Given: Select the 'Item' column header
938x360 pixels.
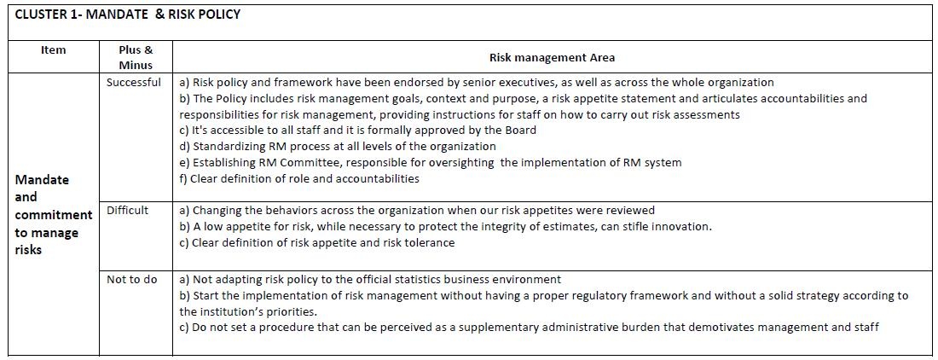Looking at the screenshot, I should [x=53, y=50].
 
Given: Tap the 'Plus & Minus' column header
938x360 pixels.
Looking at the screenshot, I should [x=136, y=57].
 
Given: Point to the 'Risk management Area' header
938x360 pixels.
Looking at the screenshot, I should [x=552, y=58].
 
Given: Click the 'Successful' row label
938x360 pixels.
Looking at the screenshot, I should [x=133, y=83].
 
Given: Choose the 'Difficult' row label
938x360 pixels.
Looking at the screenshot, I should [x=127, y=211].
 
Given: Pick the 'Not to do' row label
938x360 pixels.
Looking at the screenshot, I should [x=131, y=280].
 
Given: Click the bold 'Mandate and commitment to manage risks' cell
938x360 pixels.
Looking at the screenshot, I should [x=53, y=214].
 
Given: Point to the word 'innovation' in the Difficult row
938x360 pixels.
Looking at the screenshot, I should [x=680, y=227].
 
